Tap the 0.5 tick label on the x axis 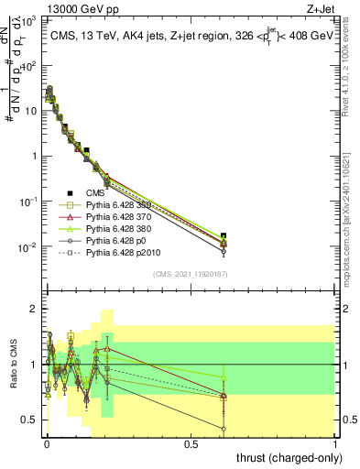click(191, 443)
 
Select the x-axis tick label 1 click(335, 443)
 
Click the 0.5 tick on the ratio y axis click(29, 420)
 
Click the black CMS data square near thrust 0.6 click(224, 235)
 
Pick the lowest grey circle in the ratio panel click(224, 429)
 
